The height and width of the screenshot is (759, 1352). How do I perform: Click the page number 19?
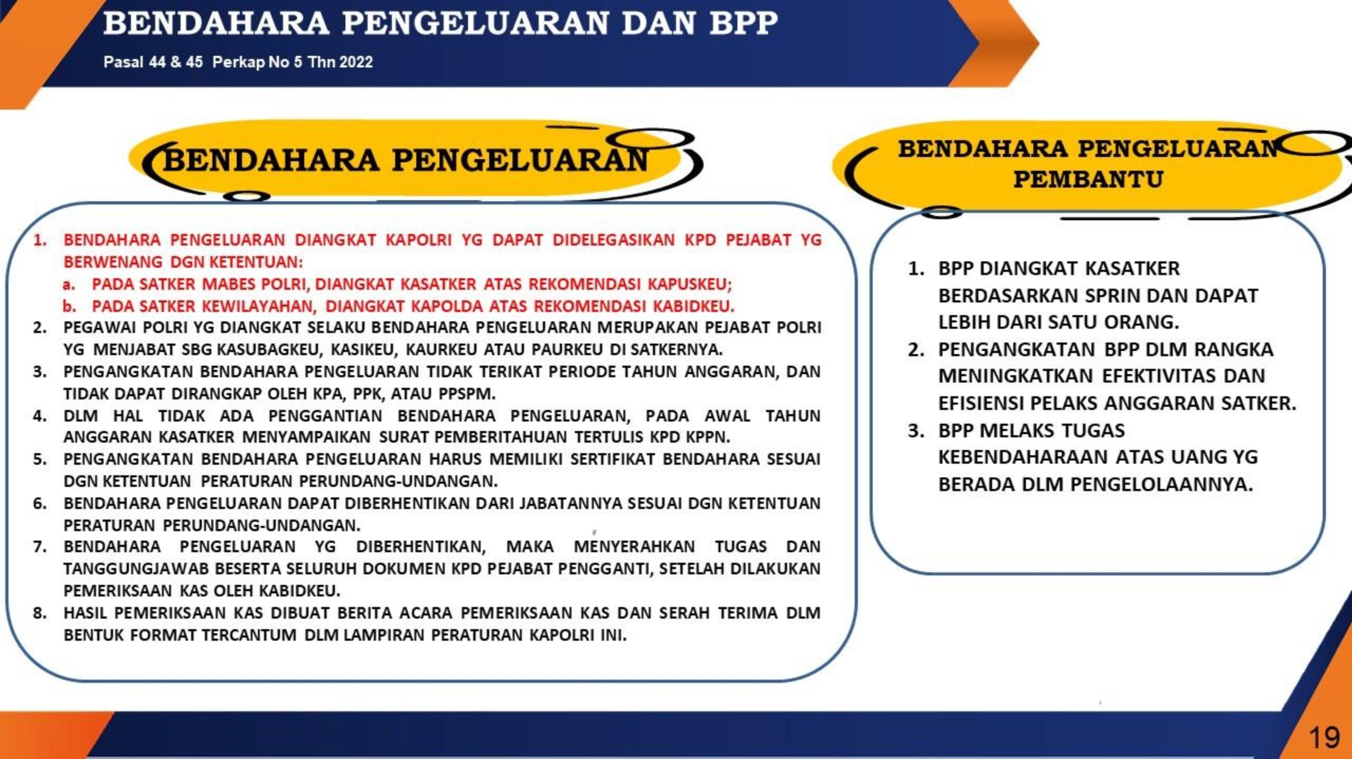coord(1325,737)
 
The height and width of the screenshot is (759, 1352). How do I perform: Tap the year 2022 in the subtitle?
coord(356,62)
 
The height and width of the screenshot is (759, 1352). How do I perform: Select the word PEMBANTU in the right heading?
coord(1088,179)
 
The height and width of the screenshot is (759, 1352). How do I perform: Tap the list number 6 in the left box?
coord(39,504)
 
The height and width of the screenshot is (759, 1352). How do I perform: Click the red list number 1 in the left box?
coord(38,240)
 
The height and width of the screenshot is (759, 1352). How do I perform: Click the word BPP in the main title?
coord(744,23)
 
